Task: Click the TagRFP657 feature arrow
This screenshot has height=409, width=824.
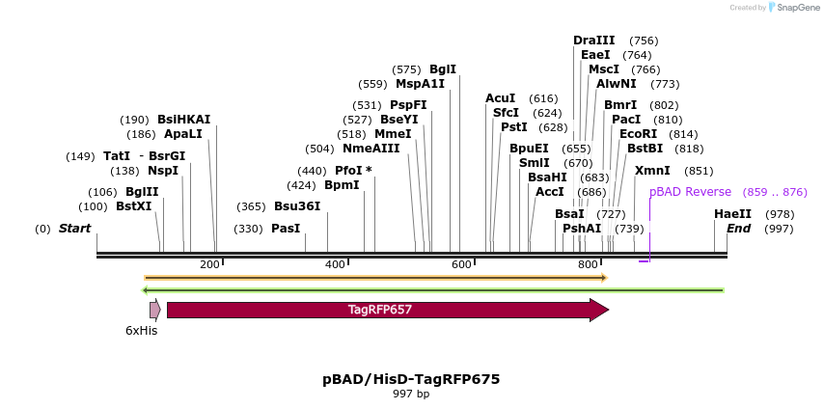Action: coord(380,310)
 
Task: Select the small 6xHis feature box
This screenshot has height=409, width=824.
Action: coord(154,310)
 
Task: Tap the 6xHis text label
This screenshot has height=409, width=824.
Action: coord(141,331)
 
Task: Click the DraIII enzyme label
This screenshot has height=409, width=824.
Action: coord(593,41)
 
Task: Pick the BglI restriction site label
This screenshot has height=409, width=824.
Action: coord(443,69)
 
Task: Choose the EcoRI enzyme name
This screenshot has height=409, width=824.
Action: coord(638,134)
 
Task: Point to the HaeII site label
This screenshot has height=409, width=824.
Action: coord(732,214)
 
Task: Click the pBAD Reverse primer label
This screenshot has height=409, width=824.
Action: coord(690,192)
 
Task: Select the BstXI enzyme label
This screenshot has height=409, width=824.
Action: coord(134,206)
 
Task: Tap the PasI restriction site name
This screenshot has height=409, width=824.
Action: coord(286,229)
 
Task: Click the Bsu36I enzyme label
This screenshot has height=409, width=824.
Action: coord(297,206)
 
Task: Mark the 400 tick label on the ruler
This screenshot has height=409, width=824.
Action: coord(335,264)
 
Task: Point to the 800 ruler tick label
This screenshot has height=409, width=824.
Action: coord(588,264)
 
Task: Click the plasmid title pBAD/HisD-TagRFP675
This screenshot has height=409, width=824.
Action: coord(411,379)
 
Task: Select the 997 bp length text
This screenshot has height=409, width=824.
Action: coord(411,394)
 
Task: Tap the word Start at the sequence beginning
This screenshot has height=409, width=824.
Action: coord(74,229)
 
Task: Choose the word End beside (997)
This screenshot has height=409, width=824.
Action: coord(738,229)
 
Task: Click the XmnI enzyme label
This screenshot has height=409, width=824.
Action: coord(652,171)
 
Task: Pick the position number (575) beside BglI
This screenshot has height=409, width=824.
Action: coord(406,69)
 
